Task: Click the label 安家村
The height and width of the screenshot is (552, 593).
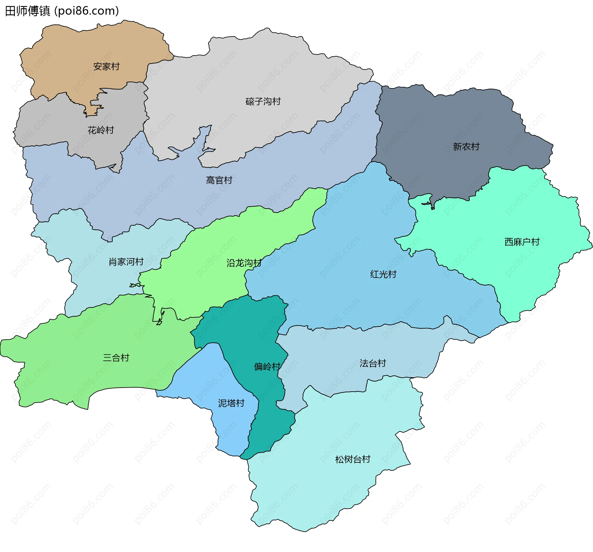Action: (x=106, y=66)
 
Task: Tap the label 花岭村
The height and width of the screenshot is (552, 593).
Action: (x=101, y=130)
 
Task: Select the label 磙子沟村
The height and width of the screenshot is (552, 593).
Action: (x=263, y=101)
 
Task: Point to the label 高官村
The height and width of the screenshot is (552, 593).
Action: (x=219, y=180)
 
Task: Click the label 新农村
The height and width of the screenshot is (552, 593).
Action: (x=466, y=146)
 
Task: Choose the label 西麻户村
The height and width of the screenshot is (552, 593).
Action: (x=522, y=242)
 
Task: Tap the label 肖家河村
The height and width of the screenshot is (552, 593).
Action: (x=126, y=262)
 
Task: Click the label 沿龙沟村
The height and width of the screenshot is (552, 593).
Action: (x=244, y=263)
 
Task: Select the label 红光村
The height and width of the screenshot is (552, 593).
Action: (x=383, y=274)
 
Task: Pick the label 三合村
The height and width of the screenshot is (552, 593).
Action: (x=116, y=358)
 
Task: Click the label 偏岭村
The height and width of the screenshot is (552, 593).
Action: (x=267, y=367)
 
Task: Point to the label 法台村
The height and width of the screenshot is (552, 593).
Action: (x=373, y=363)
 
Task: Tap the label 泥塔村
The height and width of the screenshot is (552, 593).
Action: (x=231, y=403)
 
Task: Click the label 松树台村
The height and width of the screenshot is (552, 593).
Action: (x=353, y=459)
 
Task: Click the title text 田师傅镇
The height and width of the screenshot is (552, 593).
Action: (x=28, y=11)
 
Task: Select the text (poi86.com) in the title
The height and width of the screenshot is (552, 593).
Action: (x=86, y=11)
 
